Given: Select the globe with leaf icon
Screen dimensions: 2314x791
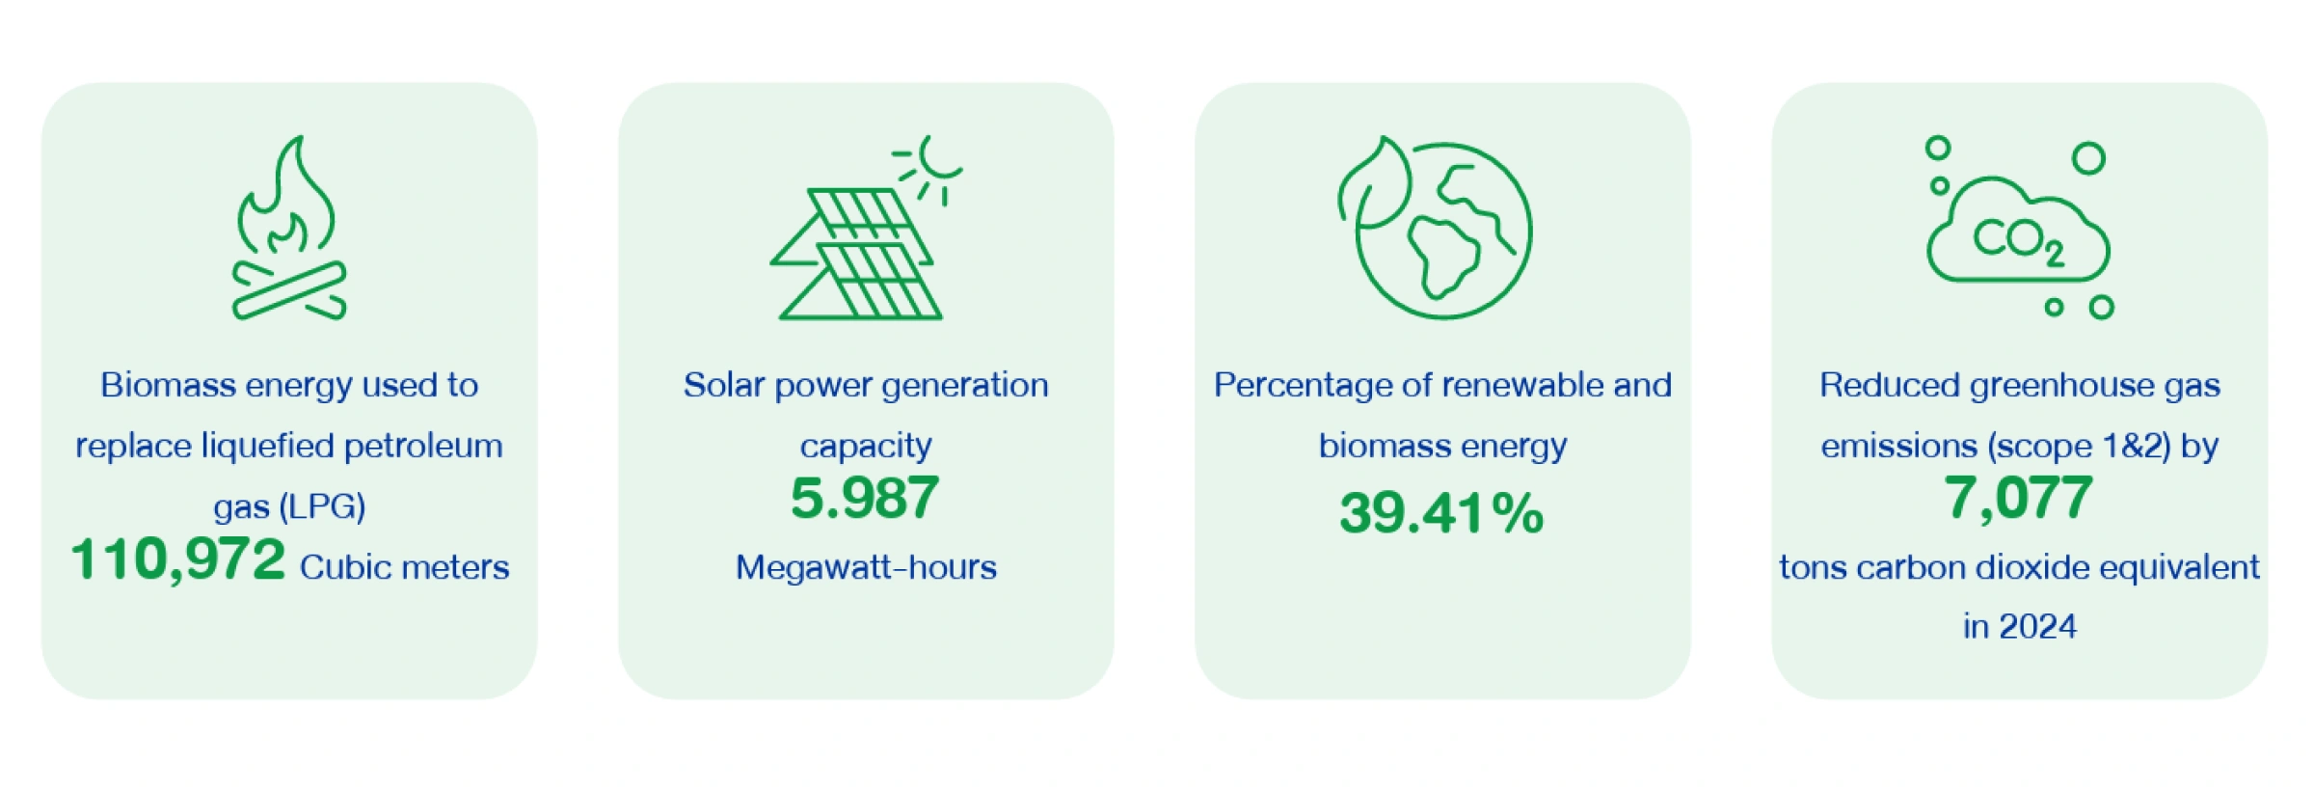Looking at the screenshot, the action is [1435, 228].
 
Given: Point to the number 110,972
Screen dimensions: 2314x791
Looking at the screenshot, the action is [178, 560].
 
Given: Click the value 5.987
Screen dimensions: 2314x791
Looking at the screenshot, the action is [865, 498].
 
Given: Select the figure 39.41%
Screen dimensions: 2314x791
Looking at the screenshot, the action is [1441, 512].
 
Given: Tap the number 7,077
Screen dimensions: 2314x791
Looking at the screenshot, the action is [2018, 499].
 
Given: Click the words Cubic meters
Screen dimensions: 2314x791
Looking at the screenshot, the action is [404, 567].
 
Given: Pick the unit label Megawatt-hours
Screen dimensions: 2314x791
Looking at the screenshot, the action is [866, 567].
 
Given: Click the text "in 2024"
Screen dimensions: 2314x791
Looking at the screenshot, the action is [2020, 627].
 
